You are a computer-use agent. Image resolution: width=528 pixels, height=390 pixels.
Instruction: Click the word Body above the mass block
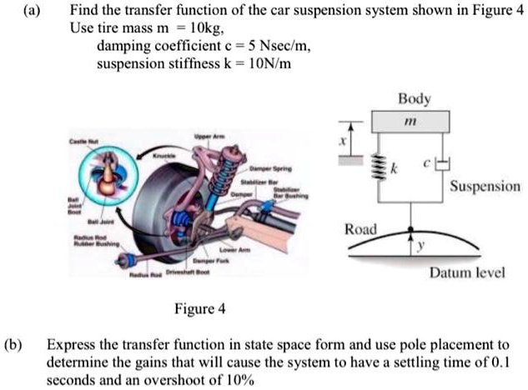tap(415, 99)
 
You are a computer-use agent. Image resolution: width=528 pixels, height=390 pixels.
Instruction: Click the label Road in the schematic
tap(360, 229)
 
